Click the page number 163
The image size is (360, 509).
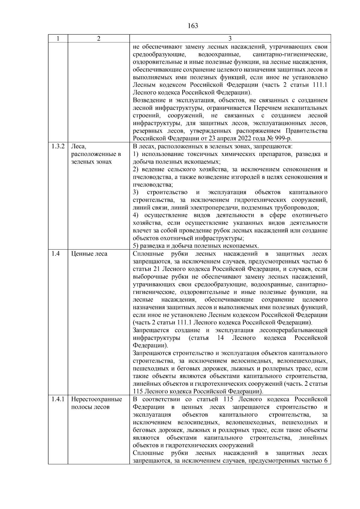pyautogui.click(x=193, y=26)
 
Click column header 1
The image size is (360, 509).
pyautogui.click(x=58, y=38)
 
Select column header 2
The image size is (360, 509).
pyautogui.click(x=98, y=38)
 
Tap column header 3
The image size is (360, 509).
pyautogui.click(x=230, y=38)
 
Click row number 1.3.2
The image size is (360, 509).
pyautogui.click(x=58, y=146)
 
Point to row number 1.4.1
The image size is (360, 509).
pyautogui.click(x=58, y=399)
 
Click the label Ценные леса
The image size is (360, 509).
pyautogui.click(x=89, y=254)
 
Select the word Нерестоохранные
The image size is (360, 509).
pyautogui.click(x=96, y=399)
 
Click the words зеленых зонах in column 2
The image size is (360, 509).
pyautogui.click(x=91, y=162)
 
